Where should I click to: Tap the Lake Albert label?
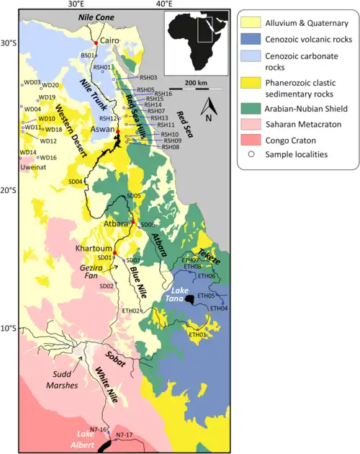(x=88, y=440)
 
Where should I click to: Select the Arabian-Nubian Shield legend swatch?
(x=253, y=109)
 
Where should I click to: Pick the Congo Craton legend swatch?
(x=253, y=141)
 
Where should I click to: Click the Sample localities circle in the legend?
(x=253, y=155)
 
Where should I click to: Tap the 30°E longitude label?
(x=77, y=5)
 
